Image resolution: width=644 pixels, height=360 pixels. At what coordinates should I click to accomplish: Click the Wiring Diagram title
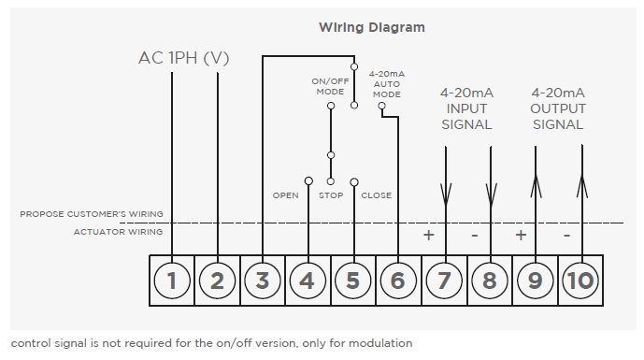coord(372,27)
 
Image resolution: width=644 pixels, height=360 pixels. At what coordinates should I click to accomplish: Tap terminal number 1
coord(172,281)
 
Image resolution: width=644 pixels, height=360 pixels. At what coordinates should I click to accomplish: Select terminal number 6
coord(398,281)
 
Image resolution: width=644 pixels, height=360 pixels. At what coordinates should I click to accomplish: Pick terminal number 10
coord(580,281)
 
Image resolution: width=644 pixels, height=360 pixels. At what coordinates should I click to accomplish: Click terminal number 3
coord(263,281)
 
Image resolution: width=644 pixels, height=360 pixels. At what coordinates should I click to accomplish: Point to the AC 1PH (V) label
coord(183,58)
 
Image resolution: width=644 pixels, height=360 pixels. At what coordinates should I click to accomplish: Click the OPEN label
coord(285,195)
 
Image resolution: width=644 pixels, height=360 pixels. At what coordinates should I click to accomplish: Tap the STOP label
coord(331,195)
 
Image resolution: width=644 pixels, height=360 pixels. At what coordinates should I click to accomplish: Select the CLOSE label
coord(377,195)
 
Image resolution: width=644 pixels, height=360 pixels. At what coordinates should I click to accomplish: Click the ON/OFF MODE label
coord(330,86)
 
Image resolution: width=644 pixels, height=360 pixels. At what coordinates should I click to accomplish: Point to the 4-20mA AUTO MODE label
coord(386,84)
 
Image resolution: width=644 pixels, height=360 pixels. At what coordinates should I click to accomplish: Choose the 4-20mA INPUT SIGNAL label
coord(466,108)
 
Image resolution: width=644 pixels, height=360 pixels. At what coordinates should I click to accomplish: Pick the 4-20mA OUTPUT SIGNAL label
coord(558,108)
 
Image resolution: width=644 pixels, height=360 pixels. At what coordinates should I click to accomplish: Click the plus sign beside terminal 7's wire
coord(428,235)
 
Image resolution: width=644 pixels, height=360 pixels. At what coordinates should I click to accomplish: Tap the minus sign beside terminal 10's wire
coord(566,236)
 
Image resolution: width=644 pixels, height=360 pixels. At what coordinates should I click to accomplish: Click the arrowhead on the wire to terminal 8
coord(491,194)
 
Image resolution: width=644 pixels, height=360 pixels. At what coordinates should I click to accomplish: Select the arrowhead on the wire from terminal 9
coord(536,186)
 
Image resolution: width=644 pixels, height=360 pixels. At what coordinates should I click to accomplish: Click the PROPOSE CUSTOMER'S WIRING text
coord(92,214)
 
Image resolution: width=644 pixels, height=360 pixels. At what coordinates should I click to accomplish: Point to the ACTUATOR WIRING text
coord(118,232)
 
